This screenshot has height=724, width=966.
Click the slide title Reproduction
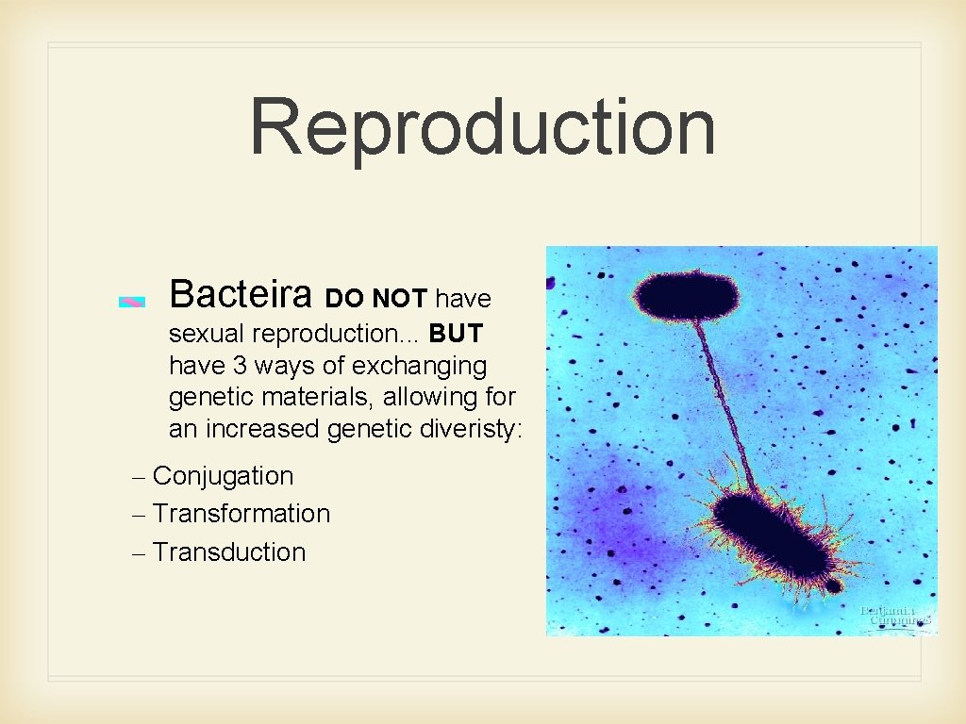482,127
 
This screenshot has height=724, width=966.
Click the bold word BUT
456,334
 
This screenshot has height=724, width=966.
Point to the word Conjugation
223,476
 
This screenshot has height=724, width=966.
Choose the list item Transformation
241,514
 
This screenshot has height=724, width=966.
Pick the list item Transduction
229,552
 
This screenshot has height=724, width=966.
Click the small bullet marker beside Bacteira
132,302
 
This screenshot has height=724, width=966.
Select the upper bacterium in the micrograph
686,295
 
